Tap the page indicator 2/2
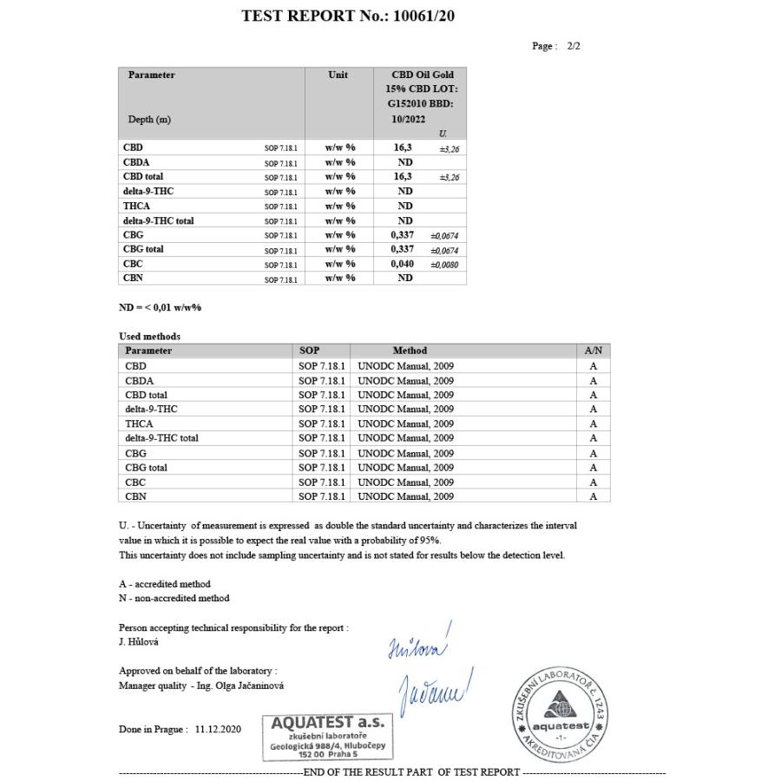tap(573, 46)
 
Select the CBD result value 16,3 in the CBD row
tap(404, 148)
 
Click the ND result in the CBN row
tap(404, 279)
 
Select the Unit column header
tap(338, 75)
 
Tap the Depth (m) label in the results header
tap(149, 120)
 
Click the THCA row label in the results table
tap(136, 207)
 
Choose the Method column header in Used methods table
tap(410, 351)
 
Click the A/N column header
tap(594, 351)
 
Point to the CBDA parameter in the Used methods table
tap(139, 380)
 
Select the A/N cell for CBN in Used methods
tap(594, 496)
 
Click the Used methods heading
tap(149, 336)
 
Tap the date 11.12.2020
tap(218, 730)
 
